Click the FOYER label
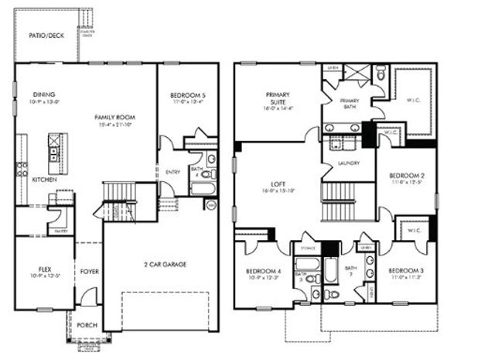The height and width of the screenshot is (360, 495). click(89, 272)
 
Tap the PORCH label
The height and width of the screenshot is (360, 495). click(87, 325)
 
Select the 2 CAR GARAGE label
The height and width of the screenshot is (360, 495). click(164, 264)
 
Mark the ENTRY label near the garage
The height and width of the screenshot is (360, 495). click(172, 172)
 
